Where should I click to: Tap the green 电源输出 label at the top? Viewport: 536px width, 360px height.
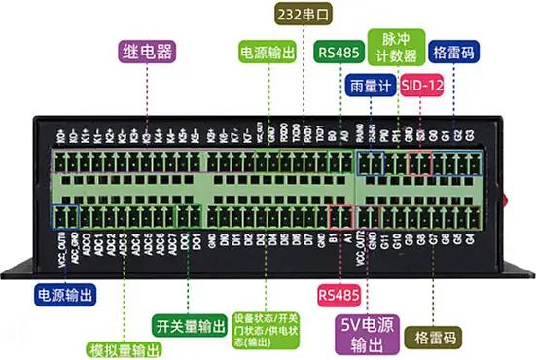[x=267, y=52]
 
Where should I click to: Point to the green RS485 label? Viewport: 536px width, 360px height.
[x=337, y=52]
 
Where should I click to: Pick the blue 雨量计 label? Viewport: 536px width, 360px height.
[x=370, y=86]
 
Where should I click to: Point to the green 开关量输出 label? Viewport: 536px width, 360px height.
[x=191, y=325]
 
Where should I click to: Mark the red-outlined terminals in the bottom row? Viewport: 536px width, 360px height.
[x=340, y=215]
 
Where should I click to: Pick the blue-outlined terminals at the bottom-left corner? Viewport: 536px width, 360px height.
[x=65, y=216]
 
